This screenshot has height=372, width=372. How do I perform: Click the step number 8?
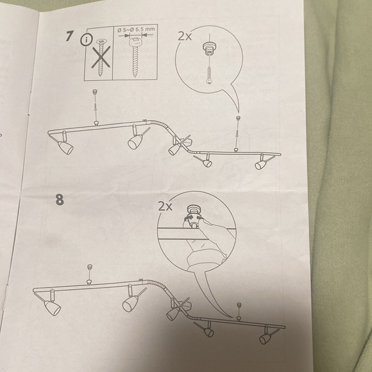[60, 199]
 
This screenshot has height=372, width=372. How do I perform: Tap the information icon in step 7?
[87, 40]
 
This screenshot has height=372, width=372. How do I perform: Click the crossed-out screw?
[101, 58]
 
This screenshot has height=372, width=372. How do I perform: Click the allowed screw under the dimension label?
[135, 58]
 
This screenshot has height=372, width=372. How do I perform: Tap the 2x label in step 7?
[185, 37]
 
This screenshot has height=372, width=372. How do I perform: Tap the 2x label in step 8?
[165, 206]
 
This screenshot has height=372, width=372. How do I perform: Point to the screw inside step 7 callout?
[209, 75]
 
